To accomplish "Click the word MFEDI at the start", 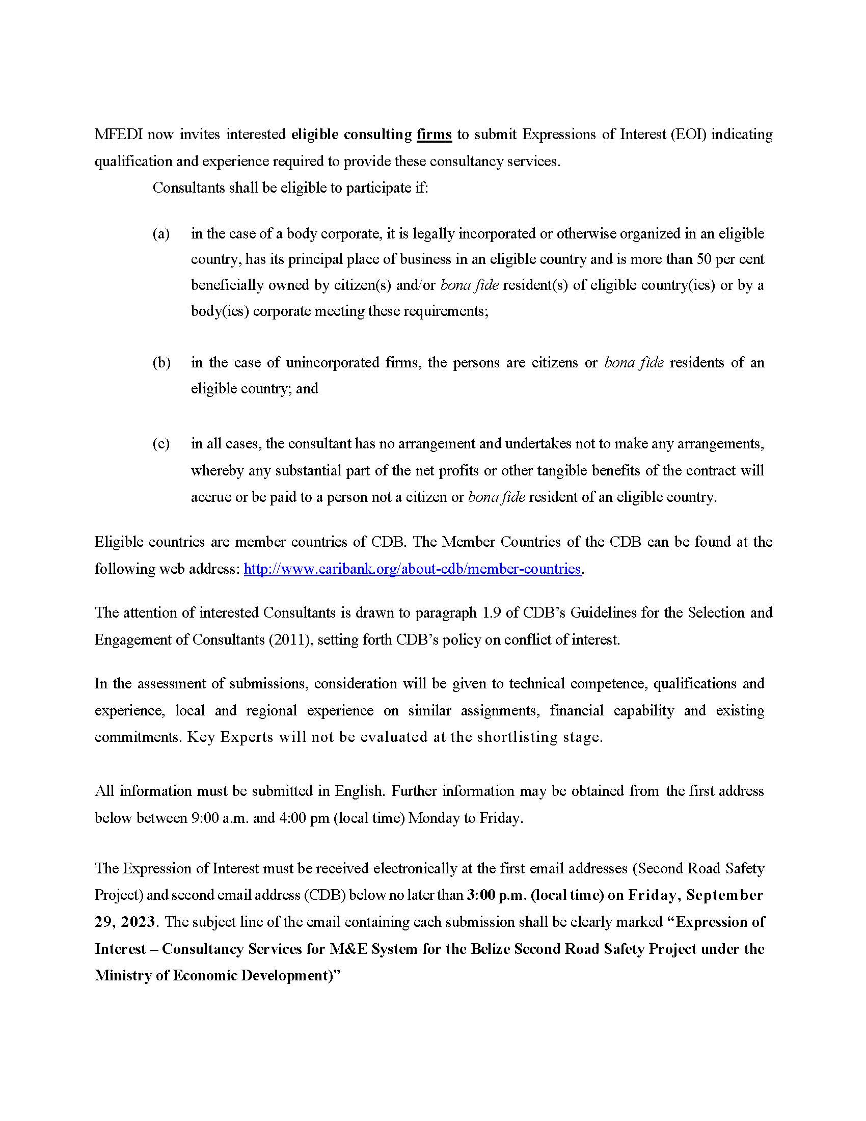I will point(119,135).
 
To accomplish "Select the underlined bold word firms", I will point(434,135).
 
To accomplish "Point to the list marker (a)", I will point(161,234).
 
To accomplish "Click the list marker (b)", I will point(161,363).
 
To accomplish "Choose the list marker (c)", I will point(161,443).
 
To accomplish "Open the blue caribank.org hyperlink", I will point(412,569).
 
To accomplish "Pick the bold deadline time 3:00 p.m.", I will point(496,895).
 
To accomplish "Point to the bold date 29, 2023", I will point(125,922).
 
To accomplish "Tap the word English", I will point(359,791).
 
